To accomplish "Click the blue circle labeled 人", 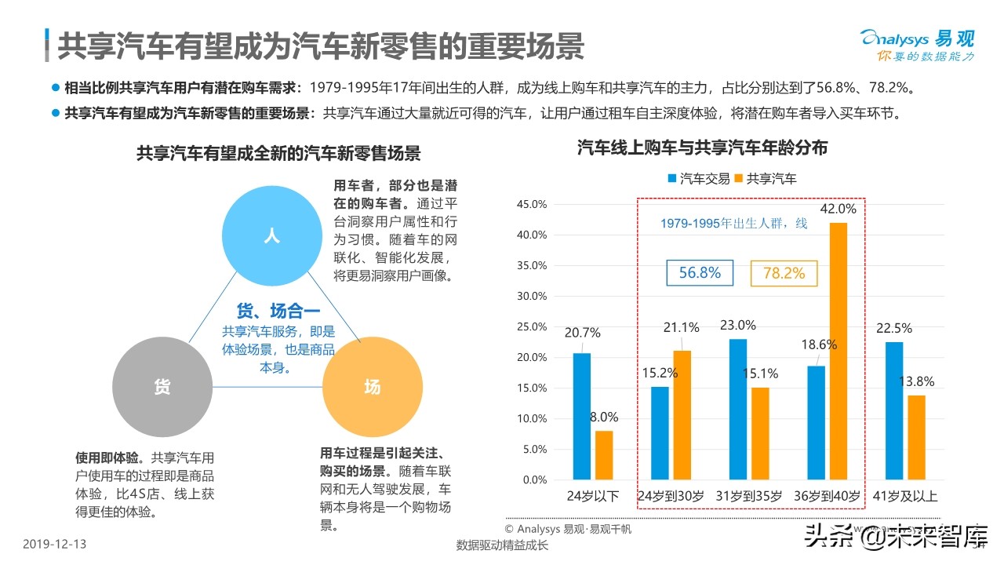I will pos(271,235).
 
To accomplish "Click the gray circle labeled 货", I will pos(162,386).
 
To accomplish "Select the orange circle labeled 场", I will pos(372,386).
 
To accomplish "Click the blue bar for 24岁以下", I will pos(581,416).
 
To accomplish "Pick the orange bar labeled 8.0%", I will pos(603,455).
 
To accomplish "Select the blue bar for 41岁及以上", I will pos(894,410).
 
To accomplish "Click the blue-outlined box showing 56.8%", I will pos(700,273).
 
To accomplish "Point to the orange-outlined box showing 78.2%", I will pos(784,273).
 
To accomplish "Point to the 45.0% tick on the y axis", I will pos(532,204).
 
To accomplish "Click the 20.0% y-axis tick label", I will pos(532,357).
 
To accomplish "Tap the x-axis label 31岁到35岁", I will pos(748,496).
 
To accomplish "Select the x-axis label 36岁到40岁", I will pos(828,496).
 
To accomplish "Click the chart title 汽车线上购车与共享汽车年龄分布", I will pos(702,147).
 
